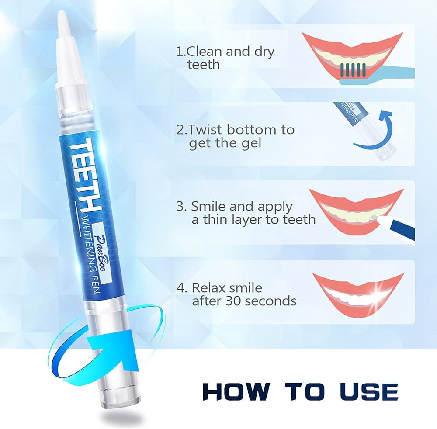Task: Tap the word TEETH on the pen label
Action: (82, 174)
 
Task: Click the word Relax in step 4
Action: (209, 288)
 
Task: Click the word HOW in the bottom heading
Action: (236, 392)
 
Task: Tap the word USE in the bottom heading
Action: (369, 392)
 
